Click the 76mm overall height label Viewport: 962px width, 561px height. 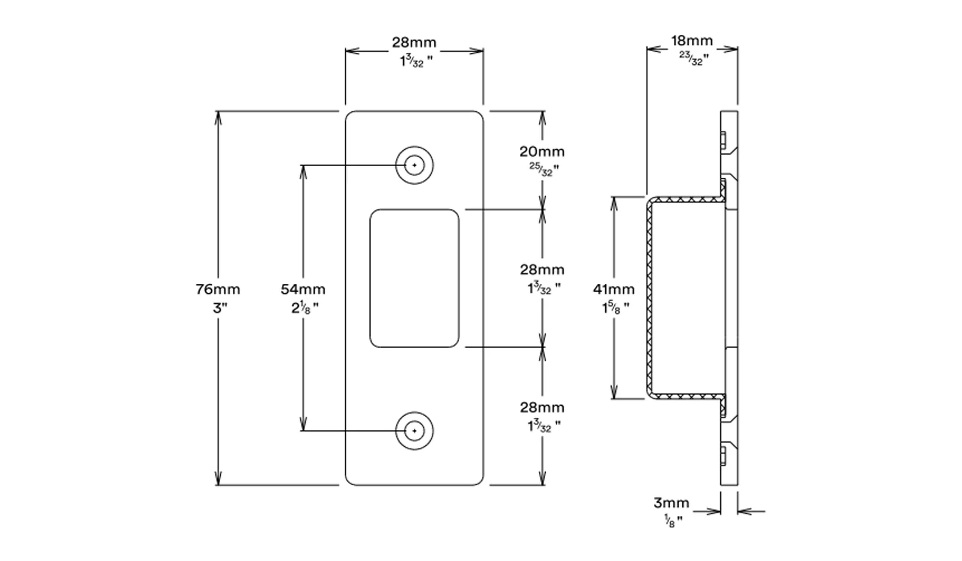218,289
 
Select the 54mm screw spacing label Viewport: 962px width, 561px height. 303,289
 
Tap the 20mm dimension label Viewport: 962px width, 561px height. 542,152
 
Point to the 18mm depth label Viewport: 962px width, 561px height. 692,41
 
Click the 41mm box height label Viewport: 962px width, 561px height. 614,289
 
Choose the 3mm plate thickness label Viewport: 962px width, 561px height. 671,503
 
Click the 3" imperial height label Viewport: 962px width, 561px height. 220,308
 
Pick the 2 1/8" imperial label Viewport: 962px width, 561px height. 305,308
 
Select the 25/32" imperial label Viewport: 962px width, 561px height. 544,170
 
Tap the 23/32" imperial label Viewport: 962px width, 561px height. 694,58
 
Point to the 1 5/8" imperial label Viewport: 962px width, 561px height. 615,308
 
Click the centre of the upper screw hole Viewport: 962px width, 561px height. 415,165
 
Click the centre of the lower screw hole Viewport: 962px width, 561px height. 415,431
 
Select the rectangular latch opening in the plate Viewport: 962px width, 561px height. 415,278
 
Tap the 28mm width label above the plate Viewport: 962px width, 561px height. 414,43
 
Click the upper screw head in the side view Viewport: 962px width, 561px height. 723,140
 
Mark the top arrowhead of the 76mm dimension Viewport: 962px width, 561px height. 218,118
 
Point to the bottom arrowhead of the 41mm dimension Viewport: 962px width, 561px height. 614,392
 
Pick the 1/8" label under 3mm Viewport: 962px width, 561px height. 673,521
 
